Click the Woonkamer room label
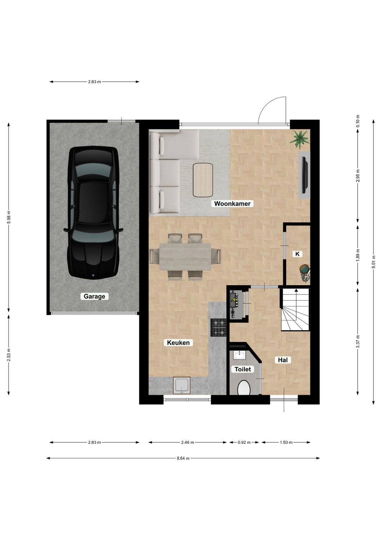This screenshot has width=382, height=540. pos(232,203)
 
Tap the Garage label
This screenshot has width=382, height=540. pos(94,296)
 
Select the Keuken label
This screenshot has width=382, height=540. pos(178,342)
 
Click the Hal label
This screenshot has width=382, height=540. pos(283,360)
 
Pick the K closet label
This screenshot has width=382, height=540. pos(297,254)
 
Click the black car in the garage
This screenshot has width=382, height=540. pos(93,213)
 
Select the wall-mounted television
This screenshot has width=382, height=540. pos(305,175)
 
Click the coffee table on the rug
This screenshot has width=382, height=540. pos(203,180)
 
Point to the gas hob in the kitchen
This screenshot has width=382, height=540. pos(218,327)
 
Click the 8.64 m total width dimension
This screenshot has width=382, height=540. pos(183,458)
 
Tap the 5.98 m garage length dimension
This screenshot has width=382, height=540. pos(9,217)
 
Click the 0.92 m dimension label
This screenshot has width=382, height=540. pos(244,442)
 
